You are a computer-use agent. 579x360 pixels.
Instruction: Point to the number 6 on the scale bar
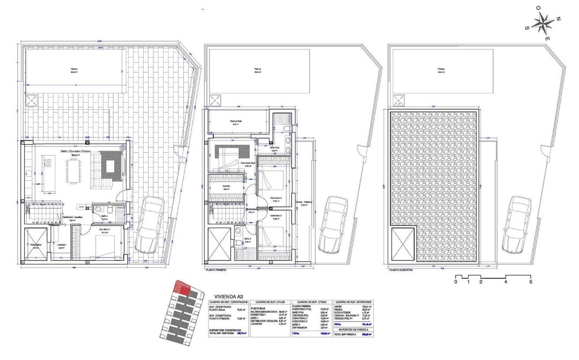click(530, 282)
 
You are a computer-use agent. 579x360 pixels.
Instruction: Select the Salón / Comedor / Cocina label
click(75, 152)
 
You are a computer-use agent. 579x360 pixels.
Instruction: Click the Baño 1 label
click(105, 217)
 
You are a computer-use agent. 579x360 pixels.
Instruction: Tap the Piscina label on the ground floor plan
click(74, 69)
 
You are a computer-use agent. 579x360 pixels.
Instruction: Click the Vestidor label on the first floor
click(225, 187)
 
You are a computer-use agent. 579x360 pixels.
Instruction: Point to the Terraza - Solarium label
click(306, 202)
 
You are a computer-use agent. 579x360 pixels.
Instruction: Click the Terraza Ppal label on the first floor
click(237, 121)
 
